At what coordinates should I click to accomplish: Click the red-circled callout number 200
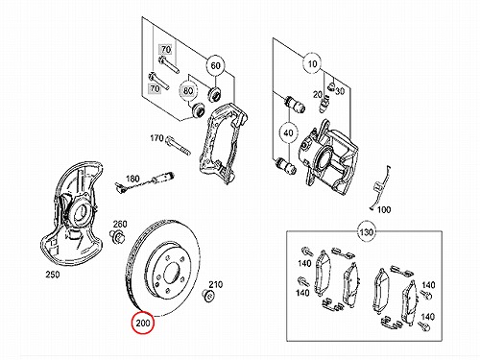point(143,323)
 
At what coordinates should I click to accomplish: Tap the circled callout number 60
point(215,65)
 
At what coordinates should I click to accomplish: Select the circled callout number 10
point(312,64)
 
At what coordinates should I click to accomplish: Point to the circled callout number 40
point(288,132)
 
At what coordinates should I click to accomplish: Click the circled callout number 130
point(367,231)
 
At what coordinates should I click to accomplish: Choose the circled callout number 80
point(188,91)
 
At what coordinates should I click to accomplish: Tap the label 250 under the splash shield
point(53,275)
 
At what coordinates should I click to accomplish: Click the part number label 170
point(156,138)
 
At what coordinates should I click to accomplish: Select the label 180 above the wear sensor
point(132,178)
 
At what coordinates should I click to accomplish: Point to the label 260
point(120,224)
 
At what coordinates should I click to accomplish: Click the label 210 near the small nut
point(216,284)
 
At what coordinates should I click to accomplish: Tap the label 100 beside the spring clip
point(384,209)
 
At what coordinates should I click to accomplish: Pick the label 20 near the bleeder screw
point(318,94)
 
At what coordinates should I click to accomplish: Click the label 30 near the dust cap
point(340,91)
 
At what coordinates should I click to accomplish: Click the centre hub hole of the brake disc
point(171,273)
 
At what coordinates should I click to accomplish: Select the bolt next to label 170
point(178,145)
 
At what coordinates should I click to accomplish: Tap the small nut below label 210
point(208,295)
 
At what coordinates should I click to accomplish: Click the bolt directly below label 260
point(117,236)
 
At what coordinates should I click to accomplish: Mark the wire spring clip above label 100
point(379,188)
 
